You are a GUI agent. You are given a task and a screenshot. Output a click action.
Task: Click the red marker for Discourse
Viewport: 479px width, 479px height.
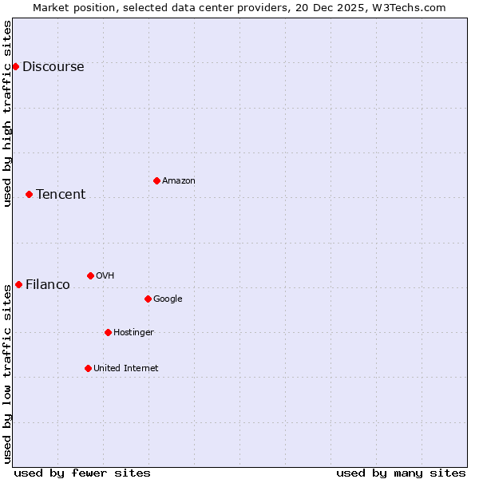15,66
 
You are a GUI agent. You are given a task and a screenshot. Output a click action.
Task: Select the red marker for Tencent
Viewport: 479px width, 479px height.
29,194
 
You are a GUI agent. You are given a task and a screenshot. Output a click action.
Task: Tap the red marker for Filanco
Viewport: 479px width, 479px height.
18,284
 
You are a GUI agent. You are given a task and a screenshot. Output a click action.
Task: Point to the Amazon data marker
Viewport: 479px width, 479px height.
156,180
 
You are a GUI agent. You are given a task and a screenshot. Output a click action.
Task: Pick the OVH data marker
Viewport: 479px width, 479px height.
90,275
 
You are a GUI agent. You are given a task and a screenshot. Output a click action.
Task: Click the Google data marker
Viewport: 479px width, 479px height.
148,299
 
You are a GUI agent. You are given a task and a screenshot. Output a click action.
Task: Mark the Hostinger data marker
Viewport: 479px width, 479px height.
108,332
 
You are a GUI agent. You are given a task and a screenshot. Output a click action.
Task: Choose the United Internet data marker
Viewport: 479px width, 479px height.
88,368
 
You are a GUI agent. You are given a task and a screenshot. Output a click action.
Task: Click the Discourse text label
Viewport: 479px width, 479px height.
53,67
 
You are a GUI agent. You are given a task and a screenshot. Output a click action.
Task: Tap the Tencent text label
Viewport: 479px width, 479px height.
61,195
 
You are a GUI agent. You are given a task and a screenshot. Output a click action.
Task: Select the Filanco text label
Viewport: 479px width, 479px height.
48,285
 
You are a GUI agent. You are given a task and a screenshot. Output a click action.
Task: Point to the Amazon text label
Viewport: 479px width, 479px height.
179,181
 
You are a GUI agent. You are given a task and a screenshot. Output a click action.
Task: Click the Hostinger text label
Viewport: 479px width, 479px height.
133,333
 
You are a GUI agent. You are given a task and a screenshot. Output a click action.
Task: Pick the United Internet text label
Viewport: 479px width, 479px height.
126,369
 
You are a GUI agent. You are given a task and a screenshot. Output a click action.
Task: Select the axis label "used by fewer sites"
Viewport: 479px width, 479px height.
82,473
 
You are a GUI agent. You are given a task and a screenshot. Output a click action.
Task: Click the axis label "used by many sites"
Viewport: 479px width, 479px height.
401,473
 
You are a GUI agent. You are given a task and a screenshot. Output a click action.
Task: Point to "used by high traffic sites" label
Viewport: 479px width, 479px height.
7,113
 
